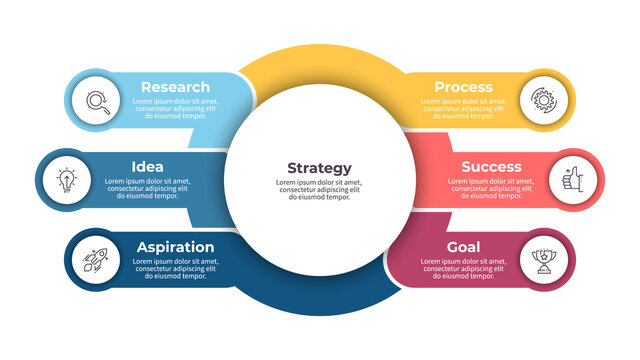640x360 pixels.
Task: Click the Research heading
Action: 175,87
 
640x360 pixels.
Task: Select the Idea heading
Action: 147,166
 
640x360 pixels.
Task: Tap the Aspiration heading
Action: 174,247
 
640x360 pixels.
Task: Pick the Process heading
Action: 463,87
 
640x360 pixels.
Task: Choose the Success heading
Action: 491,166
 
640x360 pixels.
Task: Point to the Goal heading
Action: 463,247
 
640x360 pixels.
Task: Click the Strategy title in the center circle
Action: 319,168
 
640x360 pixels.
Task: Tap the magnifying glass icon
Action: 98,100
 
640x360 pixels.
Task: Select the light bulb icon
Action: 66,181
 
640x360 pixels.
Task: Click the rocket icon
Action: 98,261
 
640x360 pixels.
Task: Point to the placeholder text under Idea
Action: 147,188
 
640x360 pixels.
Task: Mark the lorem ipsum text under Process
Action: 463,108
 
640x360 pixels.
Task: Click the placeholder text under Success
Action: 491,188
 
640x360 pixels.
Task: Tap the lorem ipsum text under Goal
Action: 463,268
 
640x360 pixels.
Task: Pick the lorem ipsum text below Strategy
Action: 319,190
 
